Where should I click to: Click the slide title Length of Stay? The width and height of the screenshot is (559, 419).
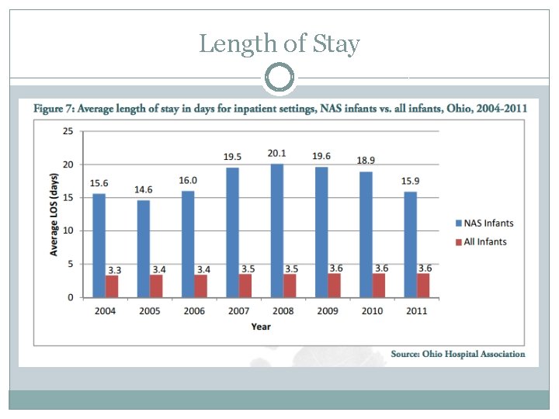[x=279, y=43]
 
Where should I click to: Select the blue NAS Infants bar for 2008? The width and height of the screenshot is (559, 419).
[x=277, y=230]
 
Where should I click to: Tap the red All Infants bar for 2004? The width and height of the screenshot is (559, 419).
[x=112, y=286]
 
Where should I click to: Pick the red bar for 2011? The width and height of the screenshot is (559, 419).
[x=422, y=286]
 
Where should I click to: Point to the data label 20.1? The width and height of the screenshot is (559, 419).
[x=276, y=153]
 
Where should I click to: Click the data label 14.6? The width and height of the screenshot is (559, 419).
[x=144, y=189]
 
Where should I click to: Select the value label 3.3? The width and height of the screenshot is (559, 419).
[x=113, y=269]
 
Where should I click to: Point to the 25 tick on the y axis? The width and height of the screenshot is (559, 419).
[x=68, y=131]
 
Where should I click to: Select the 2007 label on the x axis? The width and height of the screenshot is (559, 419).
[x=238, y=311]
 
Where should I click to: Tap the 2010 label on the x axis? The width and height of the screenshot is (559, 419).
[x=371, y=311]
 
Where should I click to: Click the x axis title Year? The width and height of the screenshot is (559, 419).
[x=261, y=327]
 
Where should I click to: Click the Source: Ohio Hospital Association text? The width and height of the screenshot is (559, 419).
[x=457, y=354]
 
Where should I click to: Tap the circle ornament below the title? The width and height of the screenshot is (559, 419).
[x=279, y=78]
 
